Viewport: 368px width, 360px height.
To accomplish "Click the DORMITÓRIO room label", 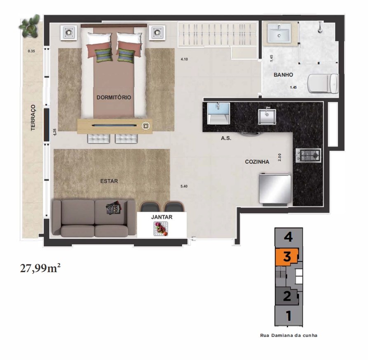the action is [x=114, y=97].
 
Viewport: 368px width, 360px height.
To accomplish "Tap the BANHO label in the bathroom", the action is [x=283, y=75].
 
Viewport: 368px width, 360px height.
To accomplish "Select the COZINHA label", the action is [x=257, y=162].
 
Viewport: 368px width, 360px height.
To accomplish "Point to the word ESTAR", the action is [x=109, y=181].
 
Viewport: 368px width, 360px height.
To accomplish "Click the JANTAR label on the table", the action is [x=162, y=217].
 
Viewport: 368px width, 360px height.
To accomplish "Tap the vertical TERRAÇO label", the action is [x=33, y=118].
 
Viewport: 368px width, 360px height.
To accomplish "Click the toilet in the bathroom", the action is [x=323, y=83].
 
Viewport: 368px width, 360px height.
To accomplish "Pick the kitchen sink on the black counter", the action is [x=267, y=116].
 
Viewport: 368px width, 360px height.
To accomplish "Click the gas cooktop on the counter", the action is [x=308, y=155].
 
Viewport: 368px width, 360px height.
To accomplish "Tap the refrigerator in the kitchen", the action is [x=275, y=189].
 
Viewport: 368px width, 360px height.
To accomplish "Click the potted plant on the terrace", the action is [x=30, y=26].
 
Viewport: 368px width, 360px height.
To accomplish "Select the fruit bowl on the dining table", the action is [x=161, y=229].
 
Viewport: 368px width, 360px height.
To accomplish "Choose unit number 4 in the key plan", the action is [x=288, y=237].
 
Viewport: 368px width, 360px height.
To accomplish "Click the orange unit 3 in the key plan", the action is [x=287, y=257].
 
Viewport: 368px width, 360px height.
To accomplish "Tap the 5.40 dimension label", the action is [x=184, y=186].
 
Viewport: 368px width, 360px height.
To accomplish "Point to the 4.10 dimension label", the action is [x=184, y=59].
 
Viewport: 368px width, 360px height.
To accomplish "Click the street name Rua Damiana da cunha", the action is [x=289, y=335].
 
